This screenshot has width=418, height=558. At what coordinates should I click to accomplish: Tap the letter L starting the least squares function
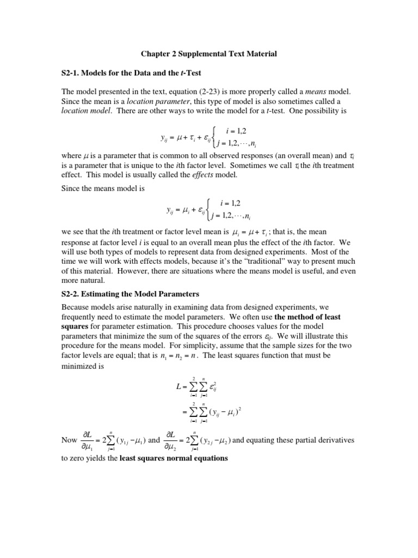(x=178, y=387)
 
